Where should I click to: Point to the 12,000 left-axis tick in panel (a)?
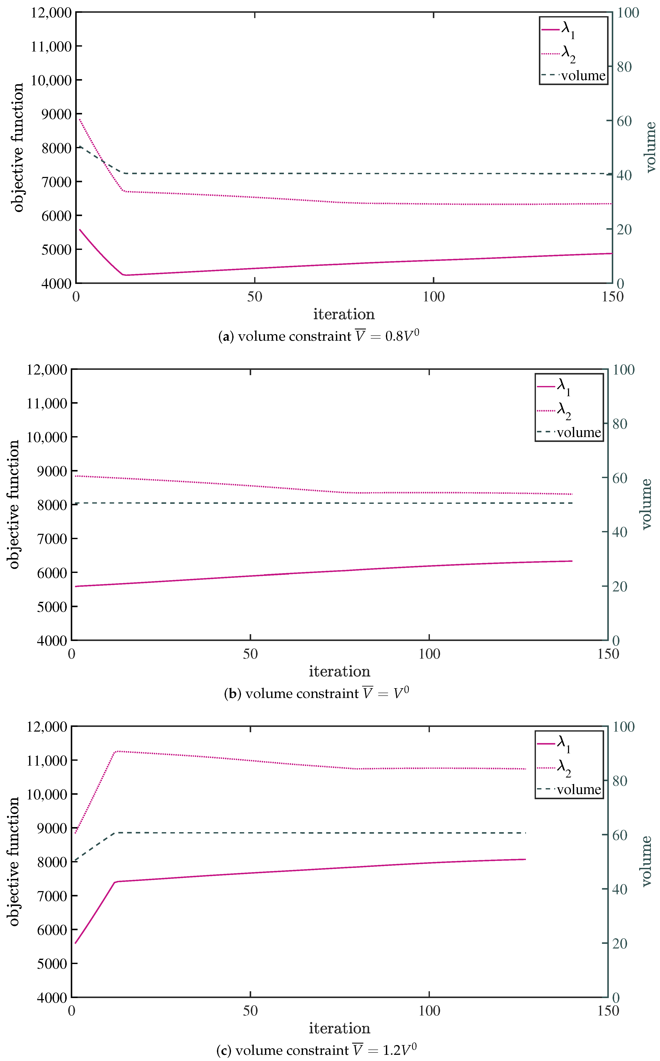51,13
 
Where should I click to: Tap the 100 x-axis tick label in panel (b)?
429,654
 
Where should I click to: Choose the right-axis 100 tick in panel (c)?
623,727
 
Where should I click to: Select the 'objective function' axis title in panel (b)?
14,504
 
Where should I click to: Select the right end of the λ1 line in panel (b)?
572,561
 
